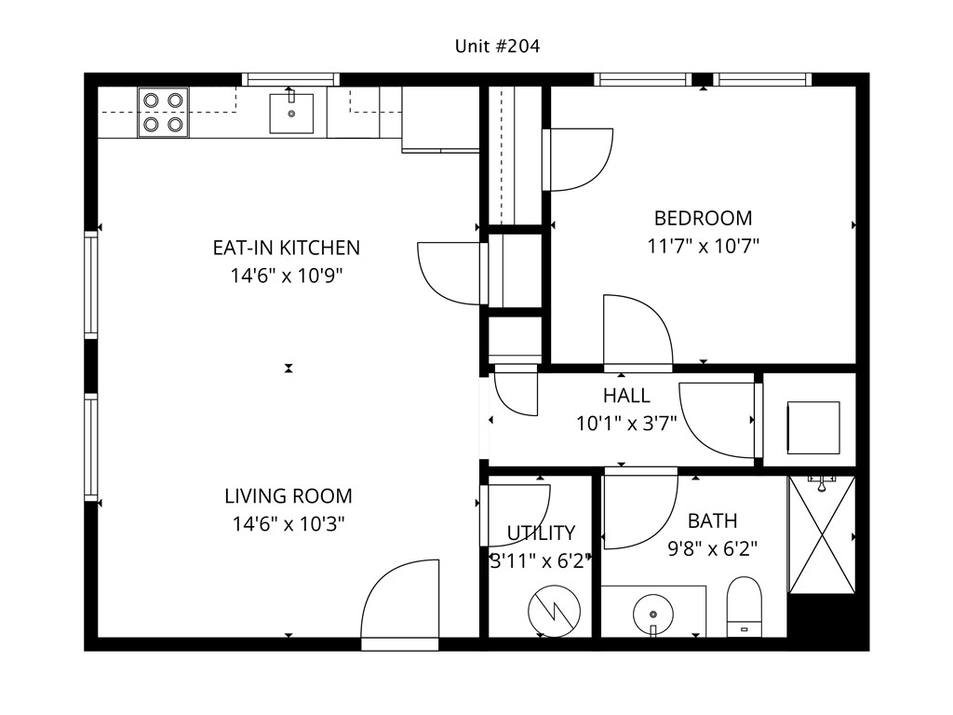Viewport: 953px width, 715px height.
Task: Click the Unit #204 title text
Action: pos(496,46)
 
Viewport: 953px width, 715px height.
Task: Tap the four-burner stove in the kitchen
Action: pos(163,113)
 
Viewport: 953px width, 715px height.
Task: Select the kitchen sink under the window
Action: pos(291,114)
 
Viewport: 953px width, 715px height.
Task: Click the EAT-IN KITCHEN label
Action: pos(286,248)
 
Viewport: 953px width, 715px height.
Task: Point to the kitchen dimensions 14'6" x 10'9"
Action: pos(286,276)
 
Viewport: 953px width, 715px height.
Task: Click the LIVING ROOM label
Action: pos(289,496)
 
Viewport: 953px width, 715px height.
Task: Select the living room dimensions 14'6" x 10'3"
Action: pos(289,524)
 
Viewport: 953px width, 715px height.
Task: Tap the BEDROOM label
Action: pos(703,219)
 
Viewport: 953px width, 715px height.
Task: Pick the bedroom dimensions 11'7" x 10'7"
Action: pos(703,247)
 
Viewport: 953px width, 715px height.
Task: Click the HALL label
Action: pos(626,396)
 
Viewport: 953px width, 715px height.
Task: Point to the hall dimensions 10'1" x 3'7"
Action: pos(626,424)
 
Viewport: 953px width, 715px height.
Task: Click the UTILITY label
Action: pos(541,533)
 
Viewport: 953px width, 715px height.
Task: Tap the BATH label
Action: pos(712,520)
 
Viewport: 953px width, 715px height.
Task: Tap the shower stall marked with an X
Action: pos(821,534)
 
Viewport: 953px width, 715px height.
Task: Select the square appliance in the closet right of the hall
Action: pos(813,427)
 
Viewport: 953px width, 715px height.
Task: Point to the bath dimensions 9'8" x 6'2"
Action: pos(712,548)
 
